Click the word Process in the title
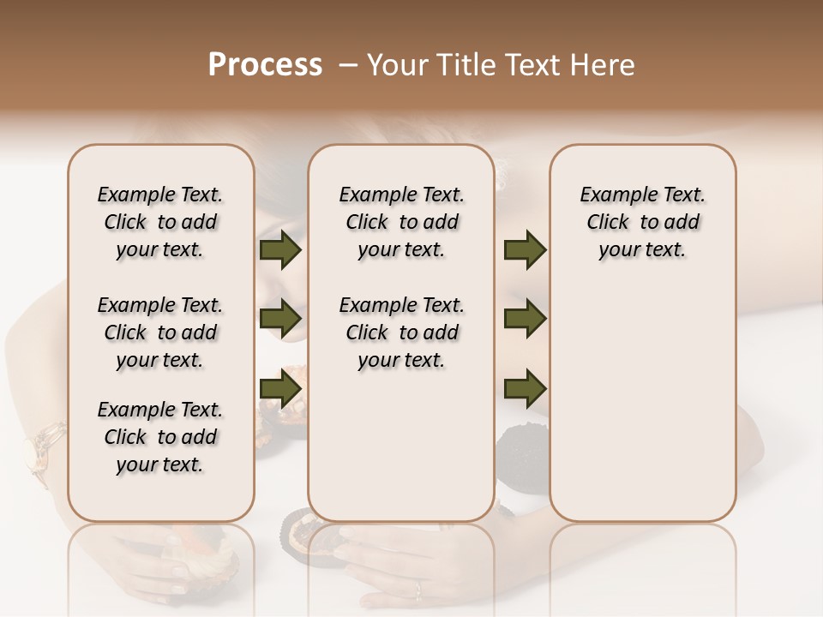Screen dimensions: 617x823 [x=265, y=65]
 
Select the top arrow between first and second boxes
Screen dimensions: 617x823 [x=280, y=250]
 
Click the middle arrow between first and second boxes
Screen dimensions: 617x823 [x=280, y=319]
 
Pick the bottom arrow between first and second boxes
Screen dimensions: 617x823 [x=280, y=388]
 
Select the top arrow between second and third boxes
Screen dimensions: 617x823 [x=525, y=250]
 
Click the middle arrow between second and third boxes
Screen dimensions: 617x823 [x=525, y=319]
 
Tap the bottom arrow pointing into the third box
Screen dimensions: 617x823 [x=525, y=388]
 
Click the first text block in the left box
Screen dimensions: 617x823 [x=159, y=222]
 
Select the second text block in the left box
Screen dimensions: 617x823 [x=159, y=332]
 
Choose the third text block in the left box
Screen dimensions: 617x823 [x=159, y=437]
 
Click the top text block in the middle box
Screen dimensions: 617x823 [x=401, y=222]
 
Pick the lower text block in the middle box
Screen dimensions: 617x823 [x=401, y=332]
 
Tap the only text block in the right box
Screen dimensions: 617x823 [x=642, y=222]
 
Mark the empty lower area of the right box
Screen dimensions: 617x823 [x=642, y=403]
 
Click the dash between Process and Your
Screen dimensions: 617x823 [x=348, y=65]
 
